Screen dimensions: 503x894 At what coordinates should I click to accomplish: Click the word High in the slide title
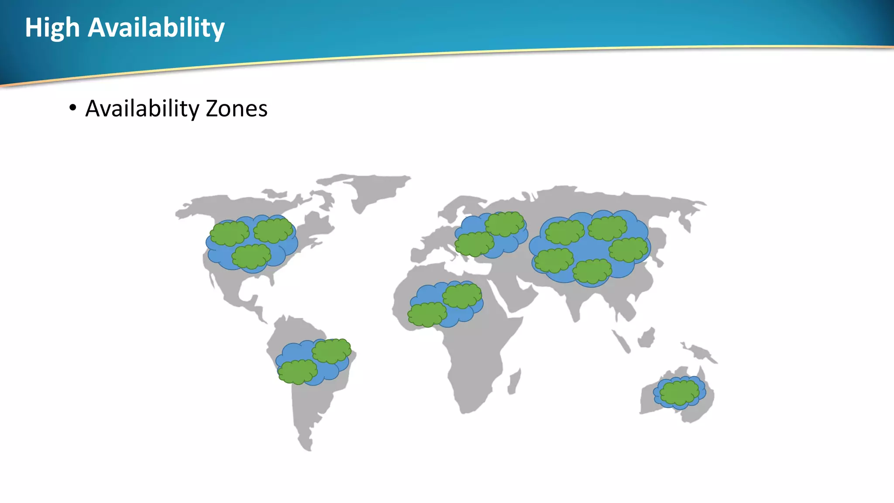(52, 28)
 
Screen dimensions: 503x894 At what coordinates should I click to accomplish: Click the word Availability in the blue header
(156, 28)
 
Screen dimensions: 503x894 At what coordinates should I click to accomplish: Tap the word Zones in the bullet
(236, 109)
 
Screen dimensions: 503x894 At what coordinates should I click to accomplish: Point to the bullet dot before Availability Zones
(72, 107)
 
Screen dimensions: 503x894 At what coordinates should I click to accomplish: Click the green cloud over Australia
(679, 392)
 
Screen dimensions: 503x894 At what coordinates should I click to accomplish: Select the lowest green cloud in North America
(251, 256)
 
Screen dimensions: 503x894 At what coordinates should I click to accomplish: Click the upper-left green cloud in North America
(229, 234)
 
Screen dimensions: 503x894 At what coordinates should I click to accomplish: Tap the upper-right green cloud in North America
(273, 230)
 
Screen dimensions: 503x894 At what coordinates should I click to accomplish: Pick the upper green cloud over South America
(331, 351)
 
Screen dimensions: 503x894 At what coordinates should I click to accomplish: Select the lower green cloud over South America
(298, 372)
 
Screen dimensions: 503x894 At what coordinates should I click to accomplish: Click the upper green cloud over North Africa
(462, 296)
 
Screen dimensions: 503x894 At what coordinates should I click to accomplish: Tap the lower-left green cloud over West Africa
(427, 314)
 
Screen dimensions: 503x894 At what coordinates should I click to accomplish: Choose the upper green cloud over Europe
(504, 224)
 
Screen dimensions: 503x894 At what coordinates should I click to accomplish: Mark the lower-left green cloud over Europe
(474, 244)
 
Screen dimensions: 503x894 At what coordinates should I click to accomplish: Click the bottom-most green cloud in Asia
(592, 271)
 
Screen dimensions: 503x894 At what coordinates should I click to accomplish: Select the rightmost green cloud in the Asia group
(628, 249)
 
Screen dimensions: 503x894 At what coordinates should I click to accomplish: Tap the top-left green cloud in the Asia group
(564, 232)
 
